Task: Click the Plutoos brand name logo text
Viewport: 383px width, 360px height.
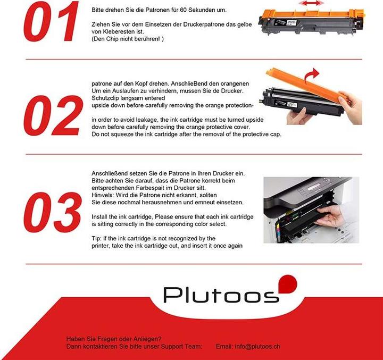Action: click(x=221, y=294)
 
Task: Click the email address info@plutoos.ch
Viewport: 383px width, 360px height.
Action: click(x=258, y=346)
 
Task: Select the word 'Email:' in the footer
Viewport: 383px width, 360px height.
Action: click(x=224, y=346)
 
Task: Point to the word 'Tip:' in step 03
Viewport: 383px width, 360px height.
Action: click(x=97, y=238)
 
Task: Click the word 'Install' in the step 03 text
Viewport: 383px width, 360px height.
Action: click(x=101, y=217)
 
